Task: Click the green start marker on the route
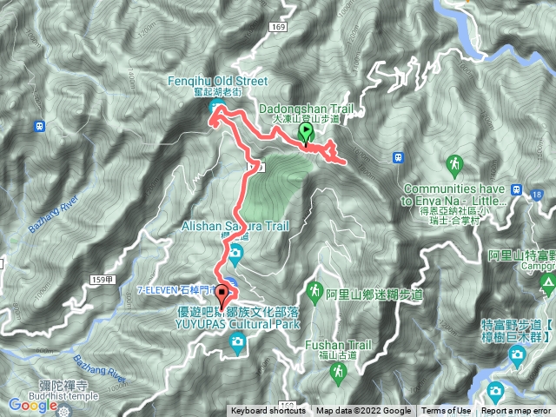click(x=307, y=133)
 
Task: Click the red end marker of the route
click(x=222, y=295)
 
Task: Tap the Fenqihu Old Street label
click(x=217, y=81)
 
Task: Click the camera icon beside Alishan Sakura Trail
click(x=236, y=253)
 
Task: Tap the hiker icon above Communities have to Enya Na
click(x=453, y=162)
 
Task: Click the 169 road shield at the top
click(x=278, y=29)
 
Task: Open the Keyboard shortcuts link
click(x=268, y=411)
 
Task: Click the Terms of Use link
click(x=447, y=411)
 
